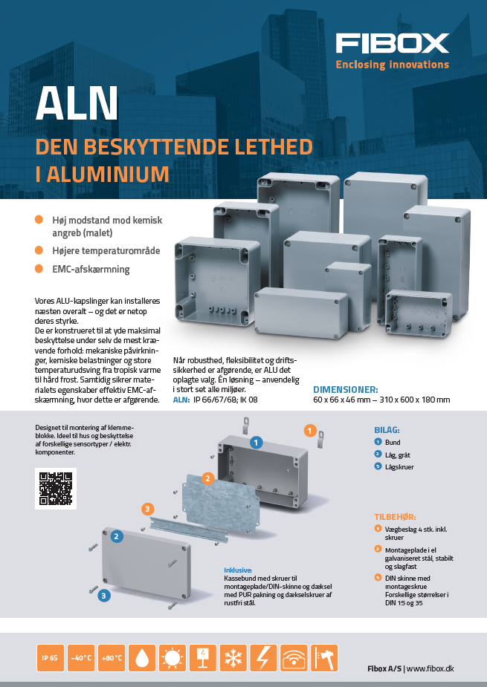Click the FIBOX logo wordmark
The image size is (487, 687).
coord(393,43)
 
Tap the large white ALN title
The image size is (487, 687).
coord(77,103)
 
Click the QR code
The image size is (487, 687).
coord(56,489)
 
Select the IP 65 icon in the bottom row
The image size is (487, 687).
coord(50,657)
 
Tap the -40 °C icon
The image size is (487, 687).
coord(81,657)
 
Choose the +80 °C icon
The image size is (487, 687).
coord(112,657)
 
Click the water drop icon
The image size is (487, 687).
coord(142,657)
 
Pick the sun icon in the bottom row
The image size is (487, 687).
coord(172,657)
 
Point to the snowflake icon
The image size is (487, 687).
coord(233,657)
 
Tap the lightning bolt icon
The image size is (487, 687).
coord(263,657)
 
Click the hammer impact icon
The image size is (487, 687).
coord(324,657)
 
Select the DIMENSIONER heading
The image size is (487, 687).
coord(346,389)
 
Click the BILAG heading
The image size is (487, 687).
coord(387,430)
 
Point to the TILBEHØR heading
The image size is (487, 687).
coord(395,517)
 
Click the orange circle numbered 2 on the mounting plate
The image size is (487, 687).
coord(208,478)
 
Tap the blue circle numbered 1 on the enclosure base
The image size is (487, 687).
coord(257,443)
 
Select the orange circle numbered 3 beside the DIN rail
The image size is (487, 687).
coord(147,509)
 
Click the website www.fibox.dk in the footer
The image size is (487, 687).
coord(430,668)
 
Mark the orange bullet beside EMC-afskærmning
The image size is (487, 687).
coord(39,269)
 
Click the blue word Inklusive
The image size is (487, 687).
coord(238,570)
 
